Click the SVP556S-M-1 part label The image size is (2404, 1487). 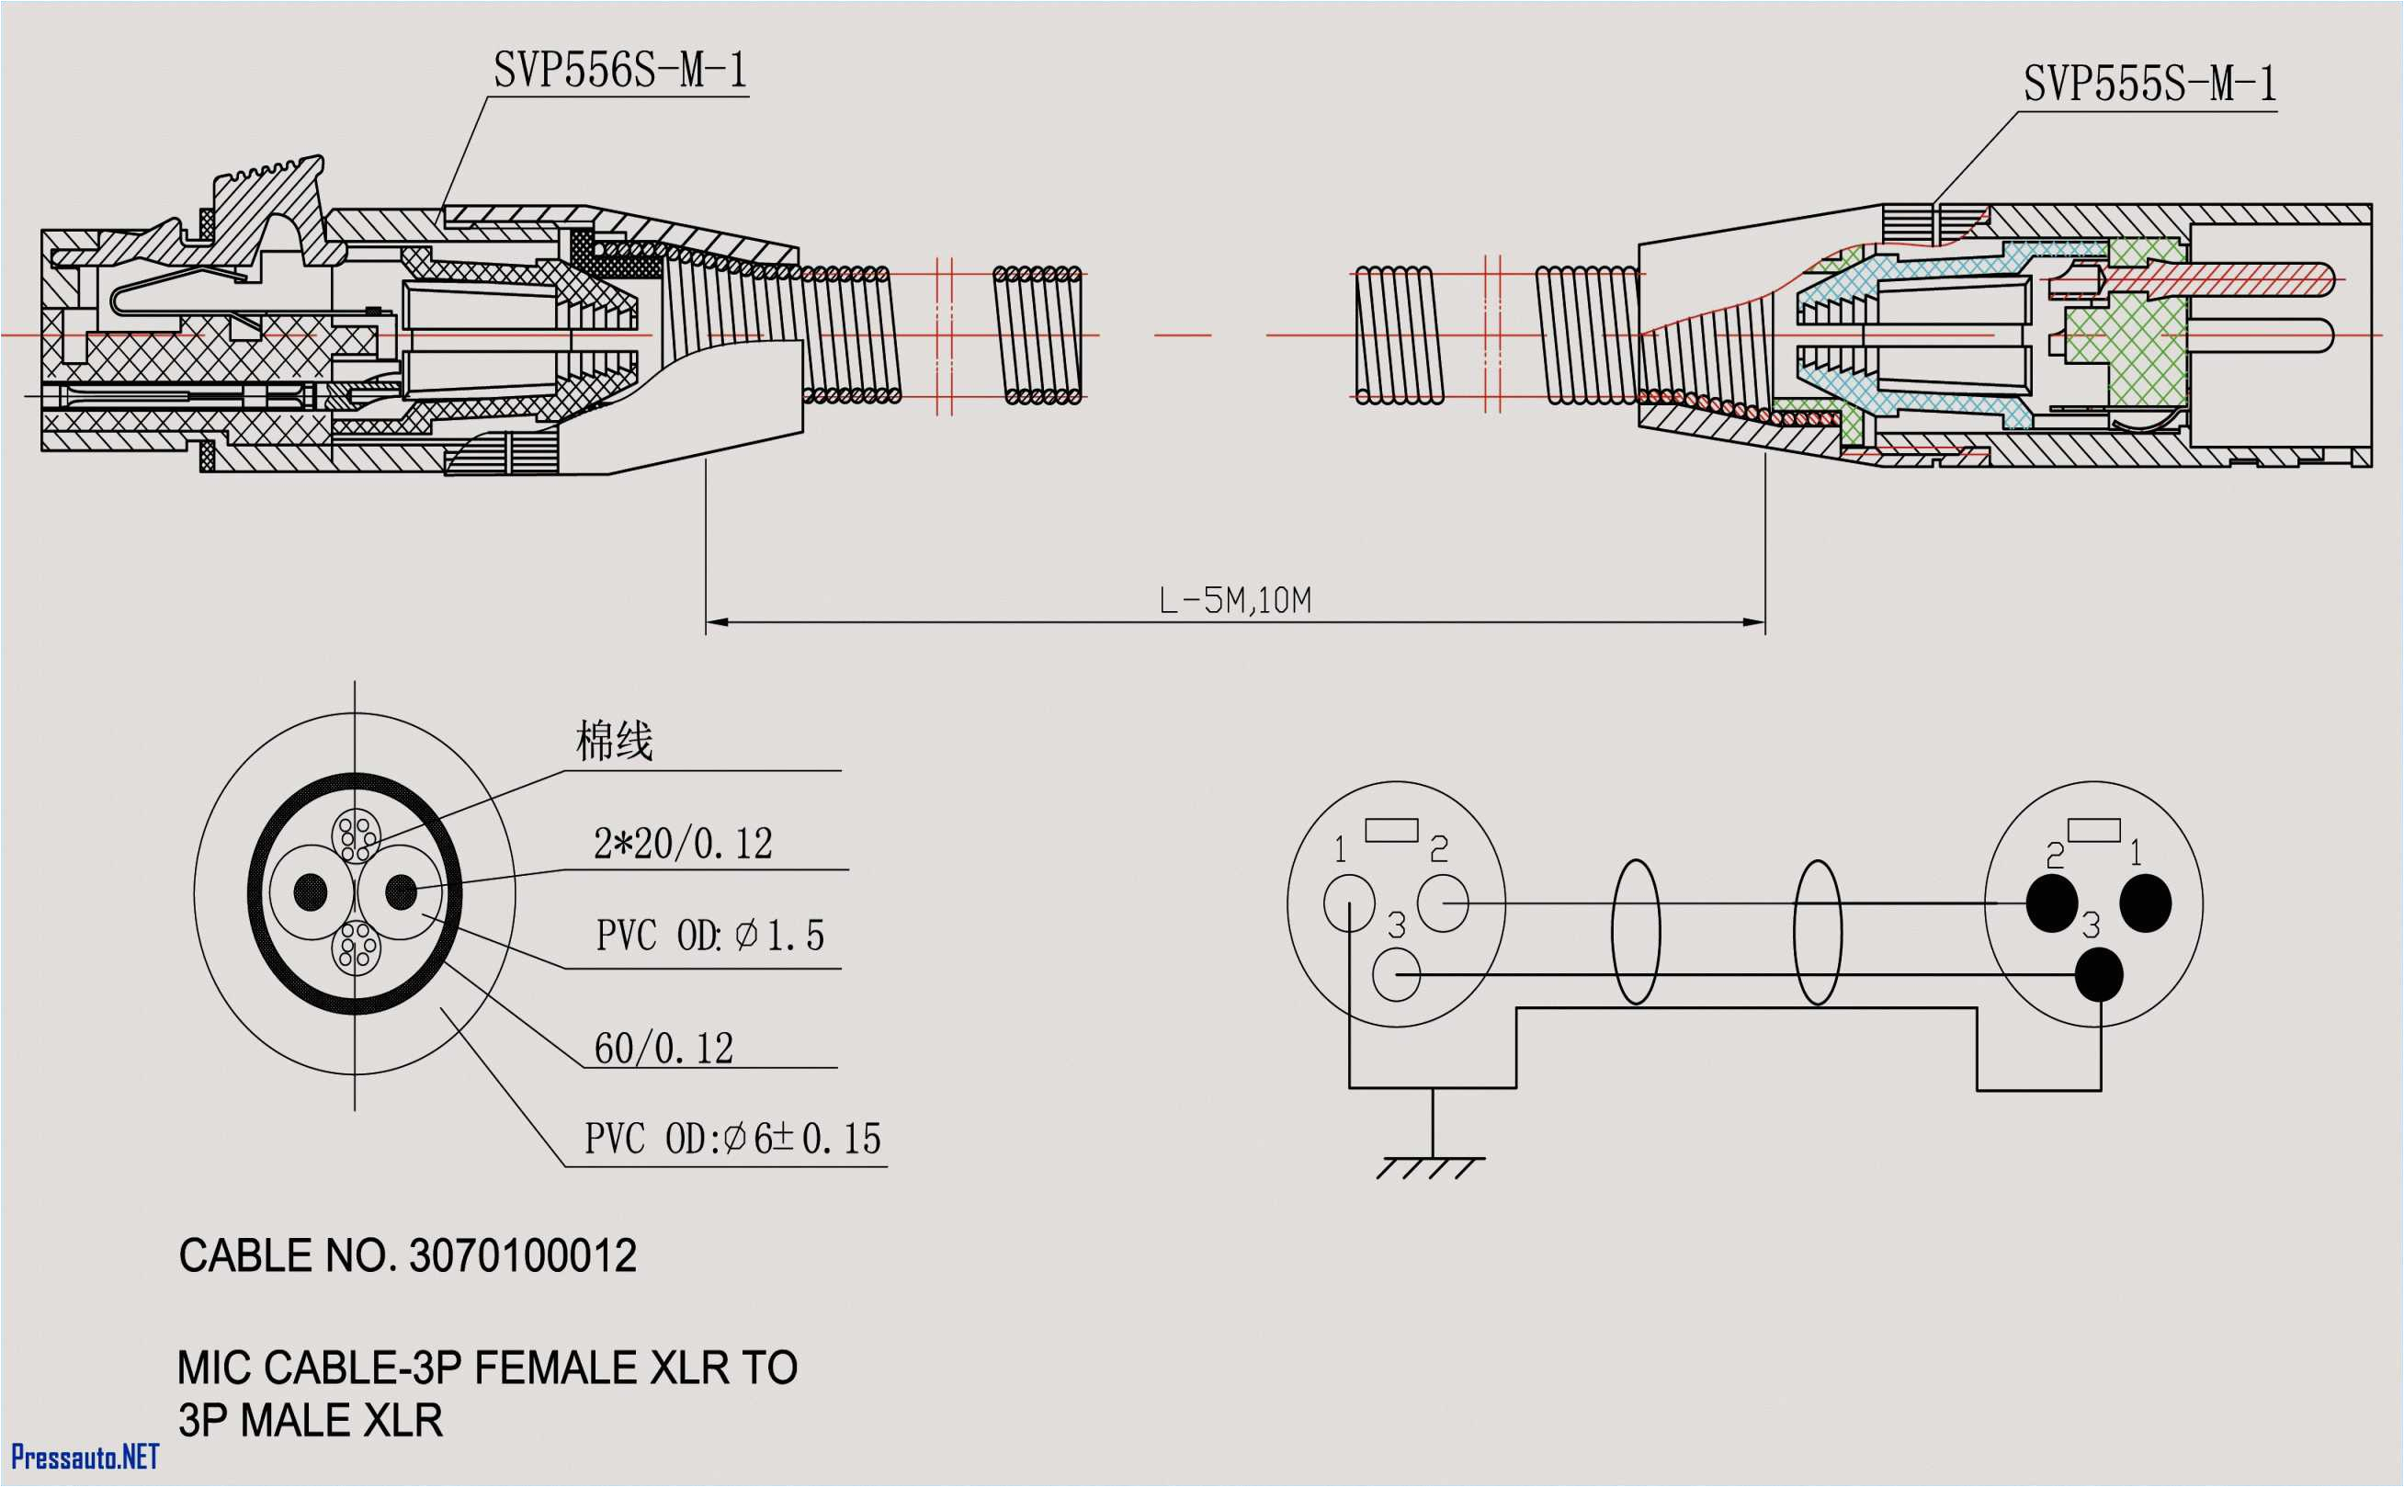[x=619, y=71]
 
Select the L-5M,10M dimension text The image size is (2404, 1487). [x=1234, y=600]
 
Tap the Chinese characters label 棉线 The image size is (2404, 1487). [x=614, y=742]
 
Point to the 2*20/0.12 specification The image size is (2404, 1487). [x=683, y=844]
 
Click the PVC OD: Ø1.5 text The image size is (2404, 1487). [x=709, y=936]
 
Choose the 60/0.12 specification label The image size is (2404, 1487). [x=663, y=1049]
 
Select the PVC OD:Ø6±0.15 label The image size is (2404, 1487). [x=731, y=1139]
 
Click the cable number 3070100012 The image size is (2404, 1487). [x=522, y=1256]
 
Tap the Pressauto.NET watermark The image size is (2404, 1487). [x=85, y=1457]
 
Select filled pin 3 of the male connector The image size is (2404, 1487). [x=2099, y=974]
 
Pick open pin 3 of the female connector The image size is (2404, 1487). [x=1395, y=974]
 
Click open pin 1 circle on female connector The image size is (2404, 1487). [x=1349, y=902]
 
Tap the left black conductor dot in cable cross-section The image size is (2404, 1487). [x=311, y=892]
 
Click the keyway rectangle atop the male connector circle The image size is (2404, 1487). [x=2093, y=830]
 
